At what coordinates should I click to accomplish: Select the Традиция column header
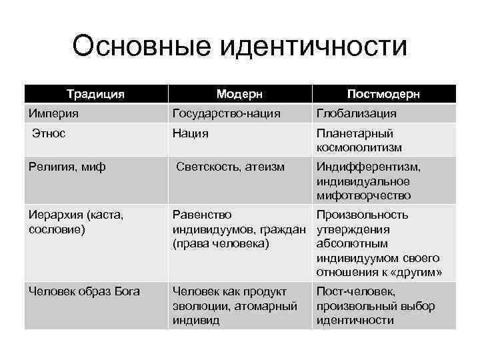tap(95, 94)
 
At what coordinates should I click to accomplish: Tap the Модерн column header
tap(239, 94)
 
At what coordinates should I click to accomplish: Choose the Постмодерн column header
tap(383, 94)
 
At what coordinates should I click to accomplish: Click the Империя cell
tap(53, 114)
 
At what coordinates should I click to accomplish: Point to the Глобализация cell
tap(357, 114)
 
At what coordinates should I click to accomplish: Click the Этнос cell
tap(49, 133)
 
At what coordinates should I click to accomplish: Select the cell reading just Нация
tap(191, 133)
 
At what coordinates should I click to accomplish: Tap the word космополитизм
tap(359, 147)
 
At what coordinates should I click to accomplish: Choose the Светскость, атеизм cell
tap(231, 167)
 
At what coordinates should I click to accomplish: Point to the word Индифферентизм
tap(369, 167)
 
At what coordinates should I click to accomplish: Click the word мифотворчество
tap(364, 195)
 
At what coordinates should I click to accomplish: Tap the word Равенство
tap(202, 215)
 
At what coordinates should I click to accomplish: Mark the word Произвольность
tap(363, 215)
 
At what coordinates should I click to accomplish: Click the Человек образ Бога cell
tap(83, 291)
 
